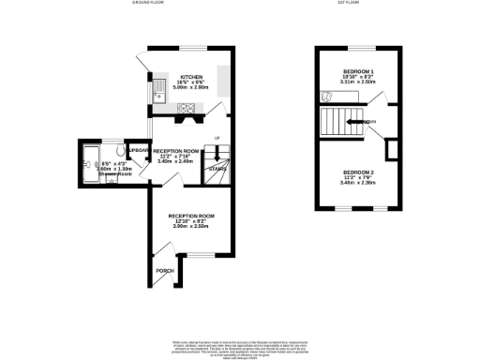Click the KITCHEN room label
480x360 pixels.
coord(191,78)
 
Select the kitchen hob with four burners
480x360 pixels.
coord(187,105)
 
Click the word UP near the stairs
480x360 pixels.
coord(217,139)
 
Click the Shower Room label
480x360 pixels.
coord(100,173)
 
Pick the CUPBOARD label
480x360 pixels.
coord(139,150)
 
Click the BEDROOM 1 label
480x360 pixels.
coord(358,71)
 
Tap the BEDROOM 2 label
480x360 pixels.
coord(358,173)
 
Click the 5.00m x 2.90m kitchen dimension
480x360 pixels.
coord(191,90)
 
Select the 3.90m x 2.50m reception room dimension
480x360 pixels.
coord(191,227)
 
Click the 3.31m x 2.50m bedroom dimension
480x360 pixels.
coord(358,82)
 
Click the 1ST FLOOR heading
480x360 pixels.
coord(350,4)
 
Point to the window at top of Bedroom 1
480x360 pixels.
coord(358,48)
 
